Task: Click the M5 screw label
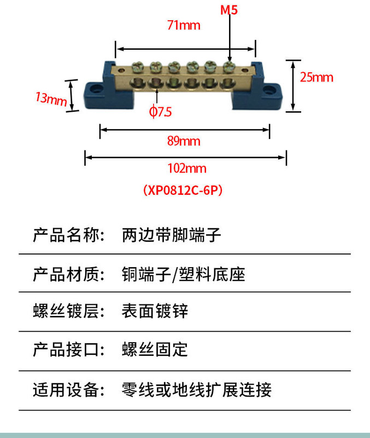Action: point(230,10)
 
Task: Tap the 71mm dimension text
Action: point(184,25)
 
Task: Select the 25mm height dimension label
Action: point(316,77)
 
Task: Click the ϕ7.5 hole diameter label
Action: point(160,112)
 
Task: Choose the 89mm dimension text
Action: point(184,141)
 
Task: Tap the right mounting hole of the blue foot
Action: point(271,90)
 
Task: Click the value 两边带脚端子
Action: point(171,235)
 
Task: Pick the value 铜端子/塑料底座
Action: point(183,274)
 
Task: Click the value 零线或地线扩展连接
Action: point(196,390)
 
